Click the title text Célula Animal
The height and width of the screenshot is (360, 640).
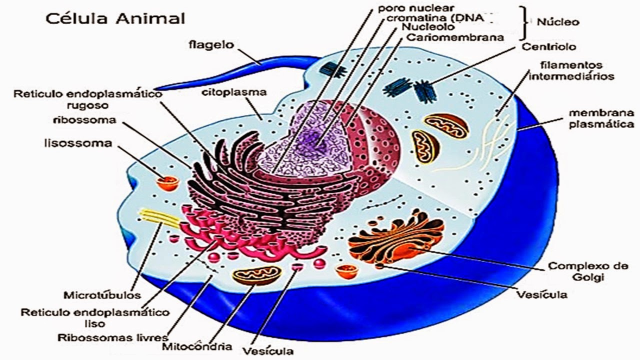click(x=115, y=18)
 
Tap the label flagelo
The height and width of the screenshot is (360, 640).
click(x=211, y=45)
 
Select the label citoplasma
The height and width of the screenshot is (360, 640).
click(x=234, y=92)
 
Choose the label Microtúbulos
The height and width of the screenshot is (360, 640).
click(x=102, y=294)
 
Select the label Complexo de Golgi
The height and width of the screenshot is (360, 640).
click(x=588, y=271)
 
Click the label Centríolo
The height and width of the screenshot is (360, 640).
click(x=548, y=47)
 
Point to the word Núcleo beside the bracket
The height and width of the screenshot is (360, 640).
click(x=557, y=22)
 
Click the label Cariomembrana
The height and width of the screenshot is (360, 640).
click(x=455, y=37)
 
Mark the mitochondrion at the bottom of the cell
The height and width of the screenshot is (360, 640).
click(x=256, y=275)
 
